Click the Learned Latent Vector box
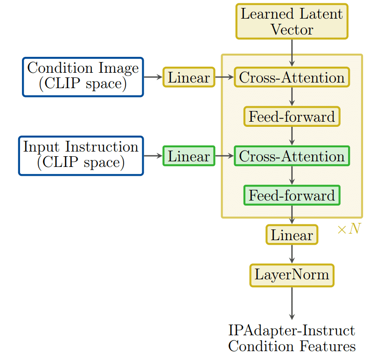292,21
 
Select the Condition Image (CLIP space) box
83,77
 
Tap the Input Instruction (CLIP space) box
81,156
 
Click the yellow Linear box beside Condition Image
188,77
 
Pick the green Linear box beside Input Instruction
188,156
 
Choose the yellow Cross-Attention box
292,77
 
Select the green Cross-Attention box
292,156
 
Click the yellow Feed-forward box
292,117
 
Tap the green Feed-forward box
292,195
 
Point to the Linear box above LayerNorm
292,235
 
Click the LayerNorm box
292,275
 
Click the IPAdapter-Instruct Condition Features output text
292,339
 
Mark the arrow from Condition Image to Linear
153,77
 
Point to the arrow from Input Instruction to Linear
153,156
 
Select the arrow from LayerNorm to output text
292,303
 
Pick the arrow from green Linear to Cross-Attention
224,156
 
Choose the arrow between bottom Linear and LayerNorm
292,254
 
